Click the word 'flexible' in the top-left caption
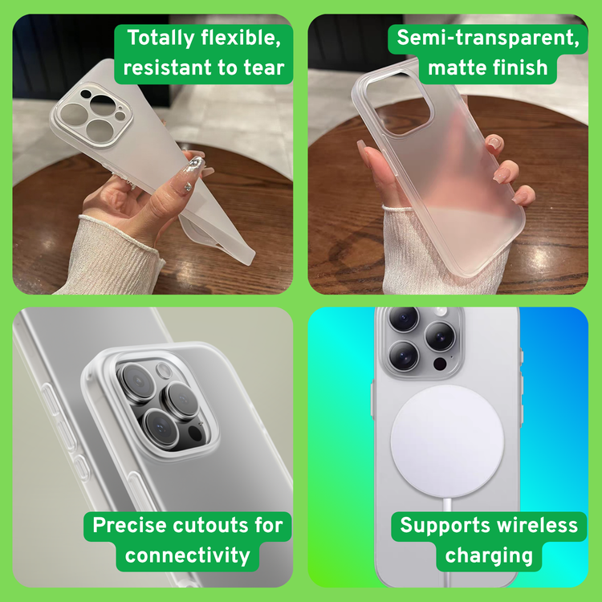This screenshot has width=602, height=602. point(241,38)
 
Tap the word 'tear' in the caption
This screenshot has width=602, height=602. point(264,67)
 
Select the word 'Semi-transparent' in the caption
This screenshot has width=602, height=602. point(488,38)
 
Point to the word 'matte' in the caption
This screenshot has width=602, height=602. point(457,67)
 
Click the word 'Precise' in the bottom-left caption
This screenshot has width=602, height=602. point(130,525)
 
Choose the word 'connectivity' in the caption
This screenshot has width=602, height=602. point(187,555)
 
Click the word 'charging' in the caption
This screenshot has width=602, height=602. point(489,556)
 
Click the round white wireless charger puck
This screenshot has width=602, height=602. point(447,442)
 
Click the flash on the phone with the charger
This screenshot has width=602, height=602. point(441,311)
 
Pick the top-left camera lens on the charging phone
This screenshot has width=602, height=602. point(404,319)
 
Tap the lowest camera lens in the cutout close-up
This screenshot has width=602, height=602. point(161,428)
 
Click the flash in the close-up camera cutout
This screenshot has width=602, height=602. point(165,371)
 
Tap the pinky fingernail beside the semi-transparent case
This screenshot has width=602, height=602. point(523,196)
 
